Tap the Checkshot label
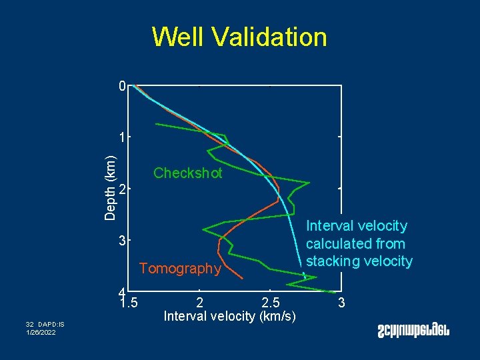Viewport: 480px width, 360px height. [x=187, y=173]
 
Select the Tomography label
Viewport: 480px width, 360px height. [x=179, y=269]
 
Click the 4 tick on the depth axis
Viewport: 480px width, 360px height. [x=121, y=292]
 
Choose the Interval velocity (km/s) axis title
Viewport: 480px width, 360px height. [x=230, y=315]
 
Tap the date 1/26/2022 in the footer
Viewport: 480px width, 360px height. [x=41, y=332]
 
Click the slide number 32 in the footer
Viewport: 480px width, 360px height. [x=30, y=324]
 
